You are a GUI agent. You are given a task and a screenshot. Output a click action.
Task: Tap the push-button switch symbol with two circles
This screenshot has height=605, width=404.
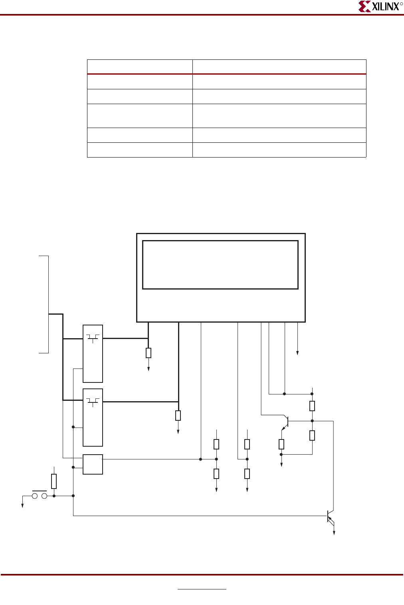[39, 496]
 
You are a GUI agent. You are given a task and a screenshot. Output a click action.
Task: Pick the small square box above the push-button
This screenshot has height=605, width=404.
[93, 464]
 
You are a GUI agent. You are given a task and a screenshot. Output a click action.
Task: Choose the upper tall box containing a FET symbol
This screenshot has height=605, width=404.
[93, 353]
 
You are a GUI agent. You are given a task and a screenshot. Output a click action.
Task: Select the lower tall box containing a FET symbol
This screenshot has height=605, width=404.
[93, 417]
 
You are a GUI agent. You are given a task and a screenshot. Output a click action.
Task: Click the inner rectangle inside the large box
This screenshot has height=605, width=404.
[220, 265]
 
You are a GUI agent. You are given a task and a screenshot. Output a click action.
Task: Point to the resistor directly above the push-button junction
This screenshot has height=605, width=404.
[54, 481]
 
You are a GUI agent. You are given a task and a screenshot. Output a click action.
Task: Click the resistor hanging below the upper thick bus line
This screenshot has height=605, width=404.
[149, 353]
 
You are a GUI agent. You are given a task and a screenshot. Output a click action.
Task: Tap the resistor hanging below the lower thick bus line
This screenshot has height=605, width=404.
[178, 416]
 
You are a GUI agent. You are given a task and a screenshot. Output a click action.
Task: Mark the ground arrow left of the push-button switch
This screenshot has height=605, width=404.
[22, 504]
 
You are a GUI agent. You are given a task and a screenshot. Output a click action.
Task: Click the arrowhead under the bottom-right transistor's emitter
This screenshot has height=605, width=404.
[334, 532]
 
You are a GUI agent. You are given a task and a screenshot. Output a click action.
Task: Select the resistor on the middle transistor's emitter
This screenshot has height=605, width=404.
[281, 444]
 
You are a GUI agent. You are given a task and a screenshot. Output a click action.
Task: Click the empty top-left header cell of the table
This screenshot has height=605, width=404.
[140, 67]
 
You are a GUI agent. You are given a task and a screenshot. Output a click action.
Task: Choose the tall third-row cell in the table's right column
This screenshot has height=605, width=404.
[279, 116]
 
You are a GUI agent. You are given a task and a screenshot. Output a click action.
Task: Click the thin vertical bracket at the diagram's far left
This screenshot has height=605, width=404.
[48, 304]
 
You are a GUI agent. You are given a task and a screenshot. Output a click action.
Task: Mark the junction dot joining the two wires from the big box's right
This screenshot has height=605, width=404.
[284, 394]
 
